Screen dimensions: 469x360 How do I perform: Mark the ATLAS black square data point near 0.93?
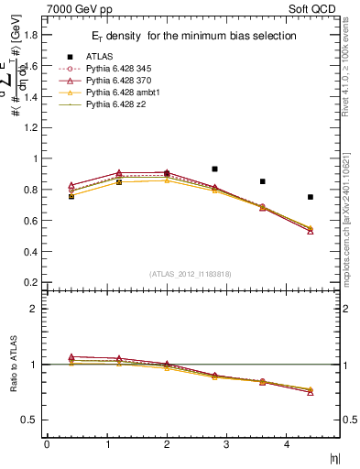point(214,169)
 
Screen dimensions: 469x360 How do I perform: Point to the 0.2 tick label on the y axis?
point(30,282)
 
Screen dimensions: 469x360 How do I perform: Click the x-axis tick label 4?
point(287,445)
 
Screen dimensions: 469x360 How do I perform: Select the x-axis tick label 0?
point(47,445)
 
